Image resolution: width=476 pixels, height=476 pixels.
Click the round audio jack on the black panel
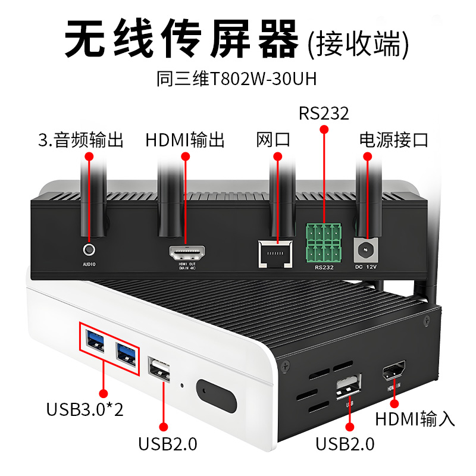coord(89,249)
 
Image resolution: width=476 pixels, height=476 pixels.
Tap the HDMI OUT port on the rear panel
coord(187,254)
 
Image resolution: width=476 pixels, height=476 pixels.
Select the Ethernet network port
coord(276,253)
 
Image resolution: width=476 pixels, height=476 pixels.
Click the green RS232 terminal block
coord(324,243)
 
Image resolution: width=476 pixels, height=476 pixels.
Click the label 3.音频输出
coord(80,140)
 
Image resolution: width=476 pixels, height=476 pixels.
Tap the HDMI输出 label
coord(185,140)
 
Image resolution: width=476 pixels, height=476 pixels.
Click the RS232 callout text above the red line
coord(324,113)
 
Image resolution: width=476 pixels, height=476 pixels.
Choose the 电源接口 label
coord(394,140)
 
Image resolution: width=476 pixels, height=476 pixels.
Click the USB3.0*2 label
coord(85,409)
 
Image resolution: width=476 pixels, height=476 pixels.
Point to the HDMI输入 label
coord(415,419)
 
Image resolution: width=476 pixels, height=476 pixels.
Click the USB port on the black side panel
coord(349,387)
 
